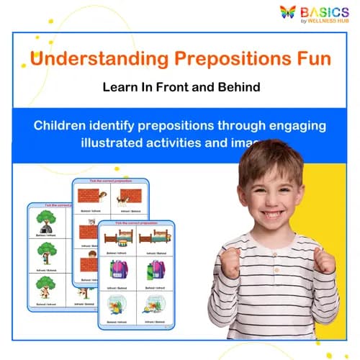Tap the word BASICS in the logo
(325, 12)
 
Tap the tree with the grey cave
(46, 220)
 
